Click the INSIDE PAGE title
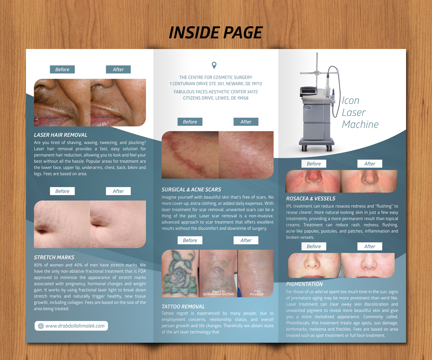[216, 33]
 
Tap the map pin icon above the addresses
[214, 65]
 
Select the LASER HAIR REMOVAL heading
[60, 135]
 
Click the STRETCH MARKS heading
[54, 257]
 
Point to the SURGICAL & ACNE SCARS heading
[191, 189]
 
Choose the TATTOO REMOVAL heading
[183, 306]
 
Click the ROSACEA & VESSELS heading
[311, 198]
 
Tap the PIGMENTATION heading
[305, 284]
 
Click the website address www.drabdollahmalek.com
[75, 326]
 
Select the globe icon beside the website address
[41, 326]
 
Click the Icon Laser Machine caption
[360, 112]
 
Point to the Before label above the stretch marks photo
[62, 191]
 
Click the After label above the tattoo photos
[246, 240]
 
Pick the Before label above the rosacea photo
[314, 164]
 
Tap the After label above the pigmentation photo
[370, 247]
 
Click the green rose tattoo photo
[180, 273]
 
